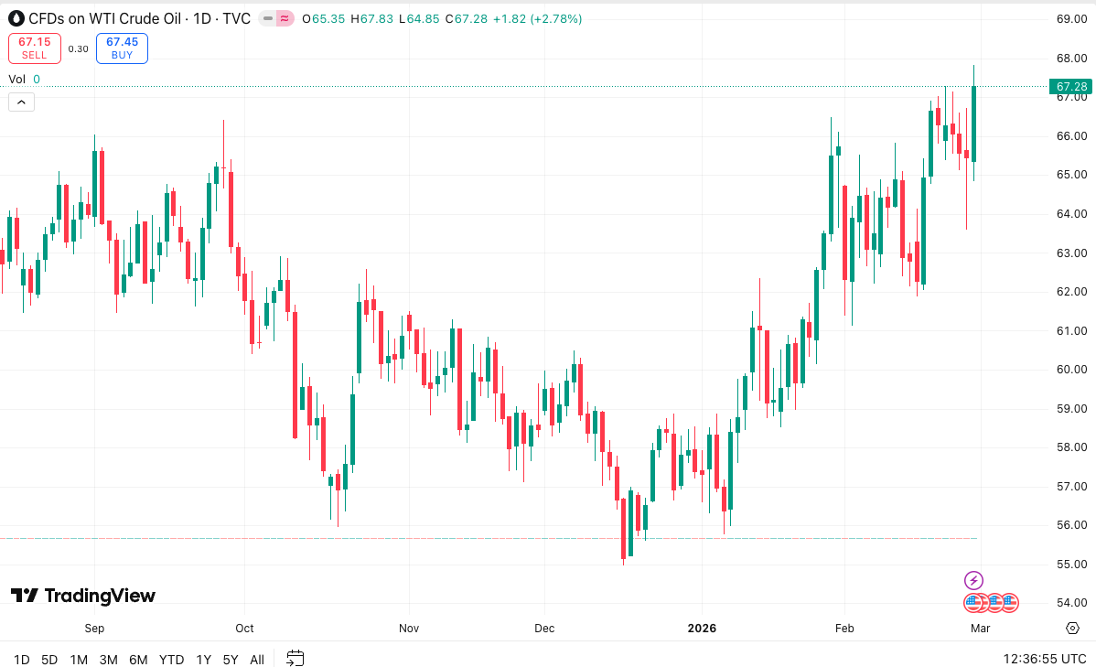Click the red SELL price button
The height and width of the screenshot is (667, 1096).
click(35, 48)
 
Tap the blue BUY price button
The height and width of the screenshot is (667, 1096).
click(122, 48)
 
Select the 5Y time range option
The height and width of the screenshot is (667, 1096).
click(231, 659)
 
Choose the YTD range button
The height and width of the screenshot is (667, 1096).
click(171, 659)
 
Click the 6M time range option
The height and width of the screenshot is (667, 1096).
click(138, 659)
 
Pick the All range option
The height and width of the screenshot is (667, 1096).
click(257, 659)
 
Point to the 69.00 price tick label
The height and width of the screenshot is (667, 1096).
click(1070, 19)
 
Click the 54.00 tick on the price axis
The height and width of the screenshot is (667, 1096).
click(1070, 603)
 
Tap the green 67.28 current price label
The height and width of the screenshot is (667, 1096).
click(1071, 87)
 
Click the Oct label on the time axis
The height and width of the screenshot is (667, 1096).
click(244, 629)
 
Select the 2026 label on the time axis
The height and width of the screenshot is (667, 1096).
click(702, 629)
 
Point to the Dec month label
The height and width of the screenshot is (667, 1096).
click(544, 629)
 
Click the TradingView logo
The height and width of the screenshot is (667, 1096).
click(83, 596)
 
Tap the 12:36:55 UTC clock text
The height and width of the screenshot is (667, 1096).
click(1044, 659)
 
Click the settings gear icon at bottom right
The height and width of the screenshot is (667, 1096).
click(1072, 628)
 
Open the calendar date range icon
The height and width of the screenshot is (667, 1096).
click(295, 658)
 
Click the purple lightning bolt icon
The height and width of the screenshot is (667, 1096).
click(973, 580)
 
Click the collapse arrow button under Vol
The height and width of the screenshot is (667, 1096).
click(21, 102)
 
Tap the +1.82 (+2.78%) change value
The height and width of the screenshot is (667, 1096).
click(537, 18)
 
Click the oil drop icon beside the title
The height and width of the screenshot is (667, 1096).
click(16, 18)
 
